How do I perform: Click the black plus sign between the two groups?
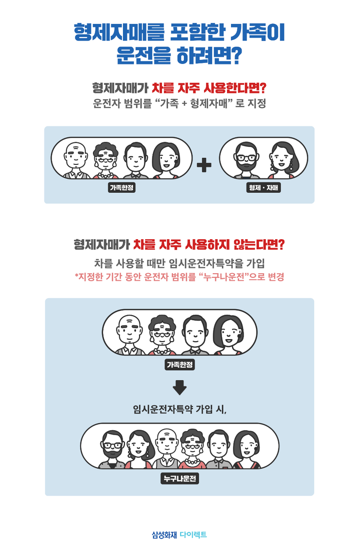(x=204, y=165)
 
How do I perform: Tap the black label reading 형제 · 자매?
(x=263, y=188)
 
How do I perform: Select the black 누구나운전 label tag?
(x=180, y=479)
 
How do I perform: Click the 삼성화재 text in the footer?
(x=164, y=535)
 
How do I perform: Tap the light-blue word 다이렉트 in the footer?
(x=193, y=535)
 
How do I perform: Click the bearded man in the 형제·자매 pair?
(x=245, y=159)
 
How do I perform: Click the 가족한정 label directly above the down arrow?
(x=179, y=365)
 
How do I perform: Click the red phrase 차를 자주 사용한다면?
(x=209, y=88)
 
